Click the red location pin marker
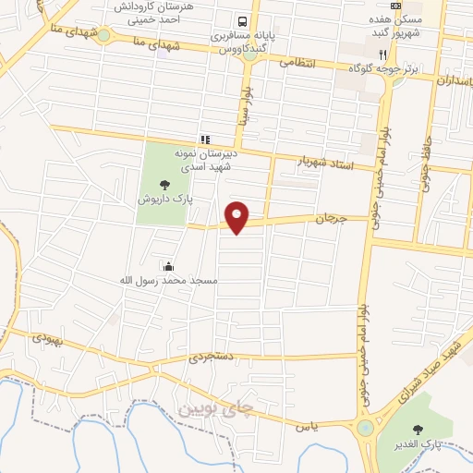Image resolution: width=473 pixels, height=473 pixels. pyautogui.click(x=238, y=216)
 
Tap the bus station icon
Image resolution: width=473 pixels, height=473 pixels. pyautogui.click(x=242, y=20)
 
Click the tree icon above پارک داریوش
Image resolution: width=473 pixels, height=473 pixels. pyautogui.click(x=164, y=184)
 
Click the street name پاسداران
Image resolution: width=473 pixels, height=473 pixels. pyautogui.click(x=450, y=80)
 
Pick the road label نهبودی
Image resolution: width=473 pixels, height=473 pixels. pyautogui.click(x=49, y=338)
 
